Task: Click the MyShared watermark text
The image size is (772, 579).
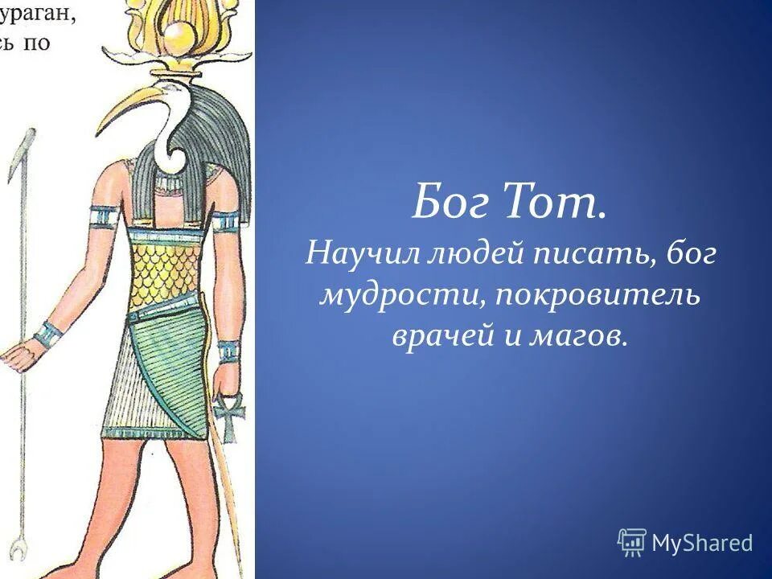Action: (x=701, y=544)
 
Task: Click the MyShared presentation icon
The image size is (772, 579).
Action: (x=632, y=543)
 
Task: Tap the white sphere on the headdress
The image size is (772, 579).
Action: (x=179, y=36)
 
